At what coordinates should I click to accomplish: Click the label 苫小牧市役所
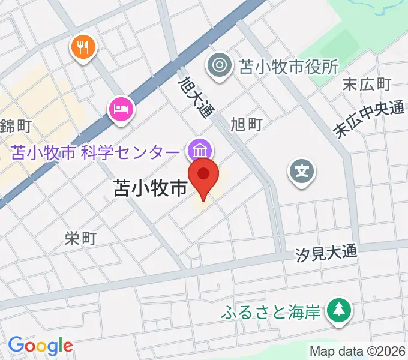coord(289,65)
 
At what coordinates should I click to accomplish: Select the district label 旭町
coord(247,124)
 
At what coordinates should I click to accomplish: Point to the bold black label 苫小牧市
coord(150,189)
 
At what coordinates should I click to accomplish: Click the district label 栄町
coord(80,238)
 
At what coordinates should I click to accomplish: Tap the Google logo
coord(40,345)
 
